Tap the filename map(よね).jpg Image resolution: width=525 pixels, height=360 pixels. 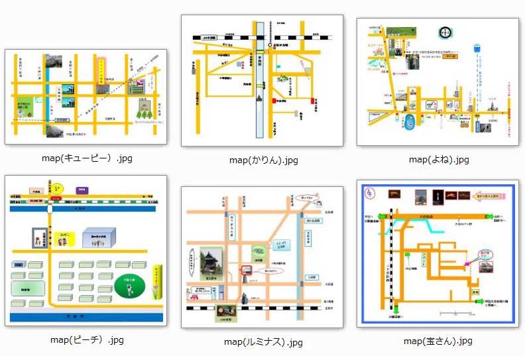[439, 159]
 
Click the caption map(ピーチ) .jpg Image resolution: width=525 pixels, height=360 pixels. [87, 340]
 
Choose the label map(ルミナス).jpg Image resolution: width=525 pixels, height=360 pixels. [263, 342]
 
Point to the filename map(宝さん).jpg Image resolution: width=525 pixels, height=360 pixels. [438, 341]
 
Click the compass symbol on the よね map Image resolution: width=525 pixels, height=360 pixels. [444, 33]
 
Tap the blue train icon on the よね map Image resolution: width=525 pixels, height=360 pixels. [477, 48]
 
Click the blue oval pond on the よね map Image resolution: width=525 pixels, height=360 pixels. [410, 121]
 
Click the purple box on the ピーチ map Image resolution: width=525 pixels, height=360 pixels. [82, 190]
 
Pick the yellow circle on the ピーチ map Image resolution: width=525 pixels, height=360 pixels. [58, 189]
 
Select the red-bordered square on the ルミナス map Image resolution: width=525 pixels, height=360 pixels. [246, 270]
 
